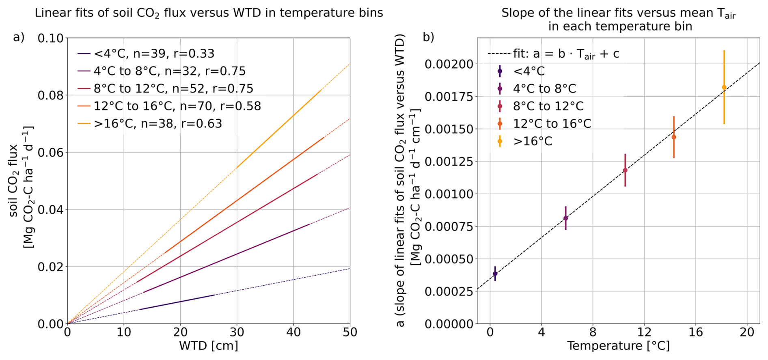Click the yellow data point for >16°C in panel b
pyautogui.click(x=724, y=87)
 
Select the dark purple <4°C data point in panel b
pyautogui.click(x=495, y=274)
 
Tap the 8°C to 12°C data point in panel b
pyautogui.click(x=625, y=170)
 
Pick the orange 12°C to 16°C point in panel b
pyautogui.click(x=674, y=137)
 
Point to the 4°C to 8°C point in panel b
pyautogui.click(x=565, y=218)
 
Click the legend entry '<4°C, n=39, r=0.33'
pyautogui.click(x=154, y=54)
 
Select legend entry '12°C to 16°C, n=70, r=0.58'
pyautogui.click(x=177, y=106)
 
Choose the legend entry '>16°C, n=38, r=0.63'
pyautogui.click(x=158, y=123)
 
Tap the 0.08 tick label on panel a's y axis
pyautogui.click(x=51, y=95)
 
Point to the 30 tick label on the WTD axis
pyautogui.click(x=237, y=332)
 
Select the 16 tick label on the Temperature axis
pyautogui.click(x=696, y=332)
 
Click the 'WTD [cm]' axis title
pyautogui.click(x=209, y=346)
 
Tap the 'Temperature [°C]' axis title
pyautogui.click(x=618, y=346)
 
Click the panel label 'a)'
pyautogui.click(x=19, y=37)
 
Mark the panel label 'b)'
pyautogui.click(x=429, y=37)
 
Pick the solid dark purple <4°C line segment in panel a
pyautogui.click(x=177, y=302)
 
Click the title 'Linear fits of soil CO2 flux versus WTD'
pyautogui.click(x=209, y=13)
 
